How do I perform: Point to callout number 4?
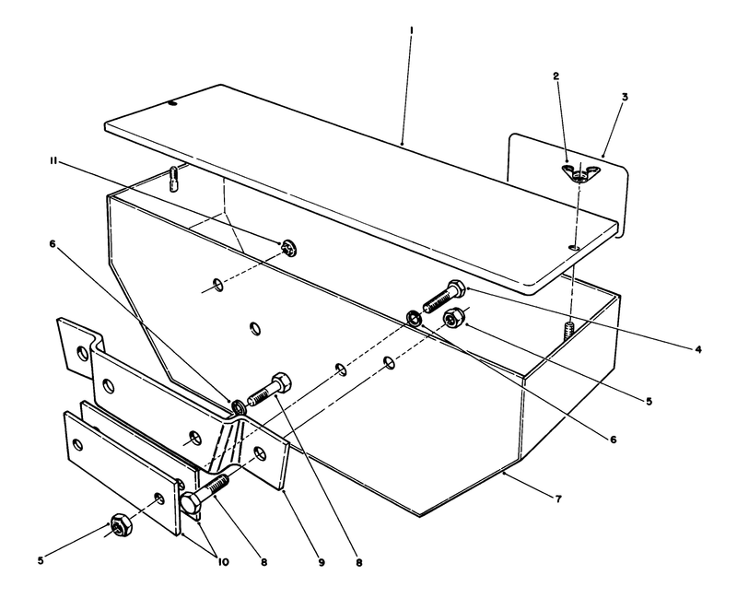(699, 349)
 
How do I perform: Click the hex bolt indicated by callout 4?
(442, 297)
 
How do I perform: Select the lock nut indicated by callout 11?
(287, 245)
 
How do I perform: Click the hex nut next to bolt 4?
(452, 320)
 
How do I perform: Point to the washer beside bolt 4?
(415, 319)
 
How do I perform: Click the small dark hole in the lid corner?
(172, 105)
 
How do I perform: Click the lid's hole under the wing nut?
(573, 247)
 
